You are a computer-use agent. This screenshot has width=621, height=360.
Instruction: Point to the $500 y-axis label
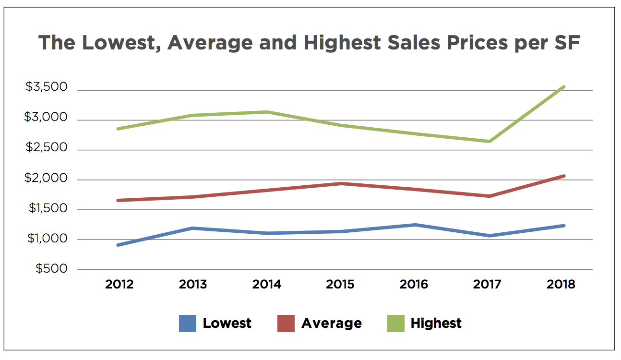click(x=51, y=269)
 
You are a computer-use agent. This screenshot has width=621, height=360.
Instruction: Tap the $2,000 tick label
click(x=47, y=179)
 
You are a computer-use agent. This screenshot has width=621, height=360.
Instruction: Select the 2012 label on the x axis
click(x=119, y=285)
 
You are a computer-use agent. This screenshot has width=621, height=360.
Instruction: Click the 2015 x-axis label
click(x=340, y=285)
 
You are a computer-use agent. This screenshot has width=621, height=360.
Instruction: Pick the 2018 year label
click(x=561, y=285)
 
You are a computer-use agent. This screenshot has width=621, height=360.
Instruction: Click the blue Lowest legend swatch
click(x=188, y=324)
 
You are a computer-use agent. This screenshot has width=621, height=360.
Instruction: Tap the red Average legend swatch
click(x=286, y=324)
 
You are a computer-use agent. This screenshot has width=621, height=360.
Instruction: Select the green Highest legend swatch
click(x=395, y=324)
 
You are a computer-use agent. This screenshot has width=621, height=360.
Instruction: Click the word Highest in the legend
click(x=436, y=324)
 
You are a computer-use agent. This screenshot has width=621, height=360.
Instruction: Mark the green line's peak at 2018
click(x=563, y=87)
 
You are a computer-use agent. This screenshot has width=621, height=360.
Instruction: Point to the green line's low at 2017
click(x=490, y=141)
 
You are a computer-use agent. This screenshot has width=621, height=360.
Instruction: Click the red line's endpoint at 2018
click(x=563, y=176)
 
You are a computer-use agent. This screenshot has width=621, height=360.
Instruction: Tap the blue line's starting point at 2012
click(x=119, y=245)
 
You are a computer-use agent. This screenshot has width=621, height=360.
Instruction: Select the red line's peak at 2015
click(x=340, y=183)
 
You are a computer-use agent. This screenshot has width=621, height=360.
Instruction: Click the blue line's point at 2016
click(x=415, y=225)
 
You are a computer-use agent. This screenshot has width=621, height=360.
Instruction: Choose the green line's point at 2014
click(x=267, y=112)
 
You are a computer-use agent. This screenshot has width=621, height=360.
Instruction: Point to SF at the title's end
click(x=567, y=43)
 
